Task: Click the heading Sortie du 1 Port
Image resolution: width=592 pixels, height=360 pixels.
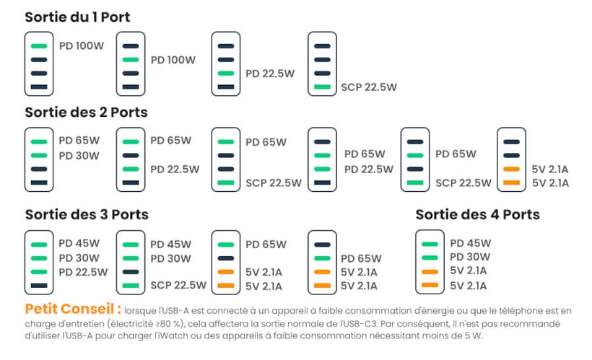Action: pos(77,17)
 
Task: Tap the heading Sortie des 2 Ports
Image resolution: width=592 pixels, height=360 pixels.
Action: pos(86,113)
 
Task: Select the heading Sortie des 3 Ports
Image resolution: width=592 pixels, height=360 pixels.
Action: pos(87,214)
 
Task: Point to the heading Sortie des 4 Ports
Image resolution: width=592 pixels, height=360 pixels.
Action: pos(477,214)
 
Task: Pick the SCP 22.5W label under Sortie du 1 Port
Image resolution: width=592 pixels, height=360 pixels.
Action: pos(369,87)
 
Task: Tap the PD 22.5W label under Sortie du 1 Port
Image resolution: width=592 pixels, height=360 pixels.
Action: pos(270,74)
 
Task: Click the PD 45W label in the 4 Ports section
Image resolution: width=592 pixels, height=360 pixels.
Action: pos(470,243)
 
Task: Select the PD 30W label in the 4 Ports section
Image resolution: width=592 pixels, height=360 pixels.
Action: pos(470,257)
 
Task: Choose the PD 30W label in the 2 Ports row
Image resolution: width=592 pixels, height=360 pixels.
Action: pos(79,155)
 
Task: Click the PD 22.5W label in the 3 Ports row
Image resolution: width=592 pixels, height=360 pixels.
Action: pos(83,272)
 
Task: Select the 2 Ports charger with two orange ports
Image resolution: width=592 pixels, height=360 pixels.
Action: pos(512,159)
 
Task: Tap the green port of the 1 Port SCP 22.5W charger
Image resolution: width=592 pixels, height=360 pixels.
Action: pos(322,87)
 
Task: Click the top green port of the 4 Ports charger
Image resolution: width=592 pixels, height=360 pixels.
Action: pos(430,245)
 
